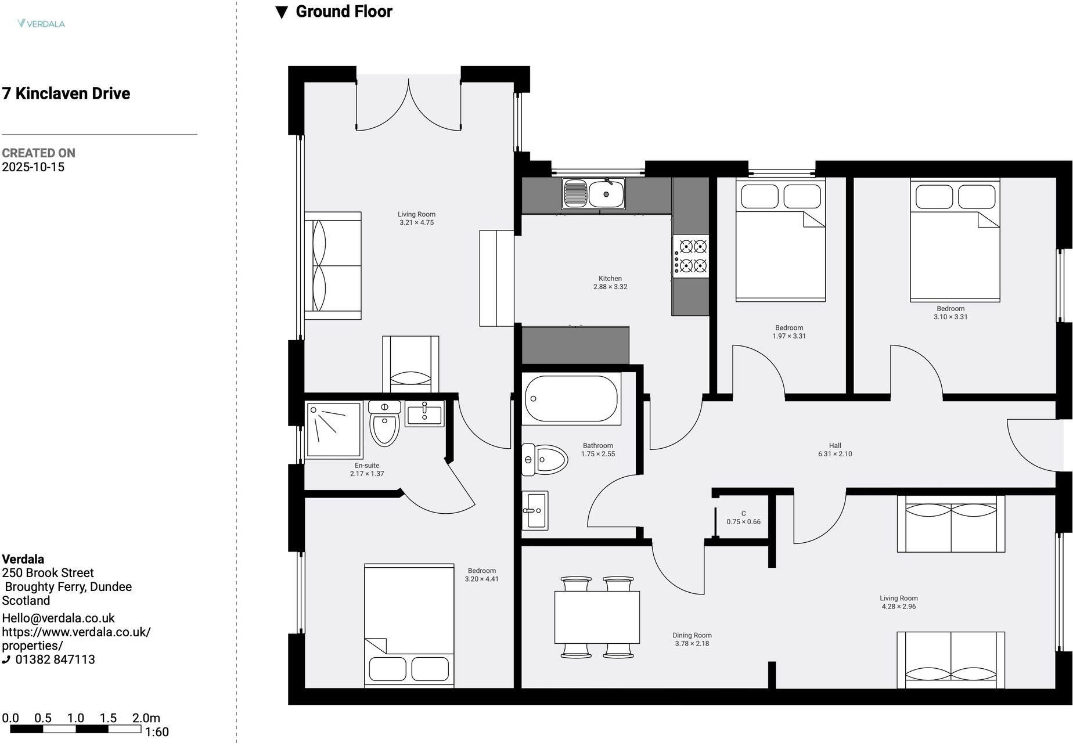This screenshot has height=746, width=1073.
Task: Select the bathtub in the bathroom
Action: point(571,399)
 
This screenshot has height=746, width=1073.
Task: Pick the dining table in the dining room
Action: point(597,617)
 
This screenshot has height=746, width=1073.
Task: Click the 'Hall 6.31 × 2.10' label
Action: point(835,450)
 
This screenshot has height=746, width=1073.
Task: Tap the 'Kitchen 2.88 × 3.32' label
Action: point(610,283)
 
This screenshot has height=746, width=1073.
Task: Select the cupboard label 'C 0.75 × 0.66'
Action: point(743,518)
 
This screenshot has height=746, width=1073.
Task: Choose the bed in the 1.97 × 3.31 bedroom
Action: point(780,241)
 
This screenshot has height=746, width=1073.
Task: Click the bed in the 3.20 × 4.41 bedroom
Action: point(409,626)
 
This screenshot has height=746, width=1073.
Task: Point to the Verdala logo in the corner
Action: point(41,24)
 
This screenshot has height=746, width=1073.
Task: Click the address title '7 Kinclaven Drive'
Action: point(66,93)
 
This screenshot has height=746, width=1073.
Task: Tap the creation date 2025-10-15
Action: point(33,167)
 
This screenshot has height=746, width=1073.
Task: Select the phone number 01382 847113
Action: point(55,659)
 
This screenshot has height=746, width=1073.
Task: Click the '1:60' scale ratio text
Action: point(157,732)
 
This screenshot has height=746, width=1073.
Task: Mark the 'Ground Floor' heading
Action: point(343,12)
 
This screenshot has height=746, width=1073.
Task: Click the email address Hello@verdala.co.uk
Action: point(59,618)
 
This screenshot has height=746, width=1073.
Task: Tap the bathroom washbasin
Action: point(535,511)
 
